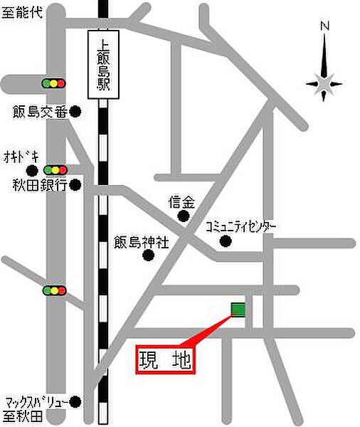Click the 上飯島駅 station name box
pos(102,64)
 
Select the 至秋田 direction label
pos(23,414)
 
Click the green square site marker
pos(238,309)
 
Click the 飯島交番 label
pos(38,111)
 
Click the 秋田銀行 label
pos(38,185)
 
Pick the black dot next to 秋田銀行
pos(75,185)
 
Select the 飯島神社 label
pos(142,241)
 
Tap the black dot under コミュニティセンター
pos(225,241)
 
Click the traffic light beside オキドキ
pos(54,170)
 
